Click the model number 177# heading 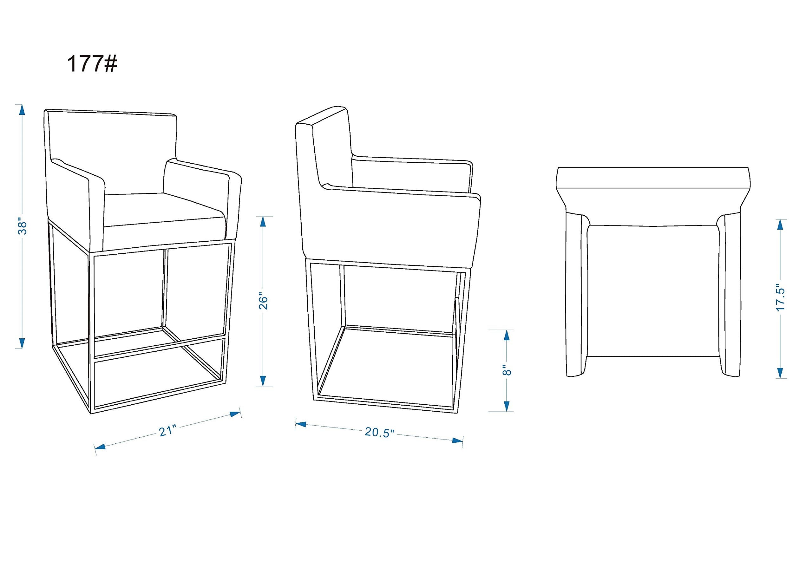pos(92,64)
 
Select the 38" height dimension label pos(22,228)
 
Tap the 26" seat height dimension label pos(264,301)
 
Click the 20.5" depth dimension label pos(379,432)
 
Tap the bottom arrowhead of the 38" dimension pos(22,343)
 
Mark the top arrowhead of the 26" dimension pos(263,221)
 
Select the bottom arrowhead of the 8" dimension pos(507,406)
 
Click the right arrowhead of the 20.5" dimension pos(458,441)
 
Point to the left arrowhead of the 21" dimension pos(101,447)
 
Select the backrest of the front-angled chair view pos(111,138)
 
